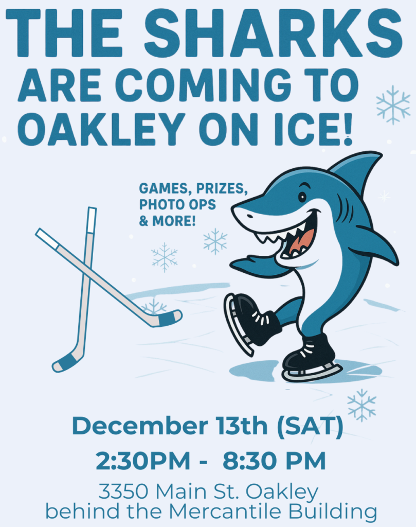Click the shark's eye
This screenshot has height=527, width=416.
(x=302, y=196)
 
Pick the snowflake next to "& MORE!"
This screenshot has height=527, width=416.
(x=215, y=241)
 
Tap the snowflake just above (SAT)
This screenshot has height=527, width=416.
(x=361, y=405)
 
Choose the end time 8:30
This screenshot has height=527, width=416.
(x=251, y=461)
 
